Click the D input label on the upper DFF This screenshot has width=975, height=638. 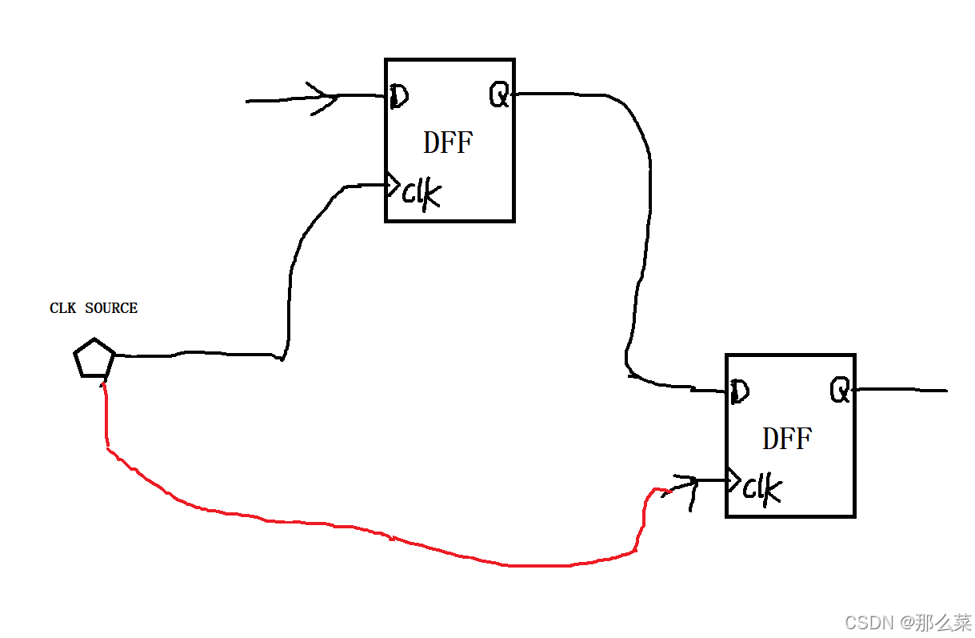399,97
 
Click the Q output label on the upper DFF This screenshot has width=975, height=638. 499,97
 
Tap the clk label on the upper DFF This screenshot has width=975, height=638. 421,193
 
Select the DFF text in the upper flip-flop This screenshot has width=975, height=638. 448,143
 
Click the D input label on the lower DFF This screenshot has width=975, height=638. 739,391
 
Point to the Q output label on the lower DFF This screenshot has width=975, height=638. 839,391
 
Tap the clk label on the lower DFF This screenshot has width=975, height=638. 761,488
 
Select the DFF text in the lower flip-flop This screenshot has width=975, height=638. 787,439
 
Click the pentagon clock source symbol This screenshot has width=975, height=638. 94,359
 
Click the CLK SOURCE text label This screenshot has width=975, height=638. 94,308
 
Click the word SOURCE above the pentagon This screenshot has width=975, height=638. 111,308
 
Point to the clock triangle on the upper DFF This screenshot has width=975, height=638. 392,186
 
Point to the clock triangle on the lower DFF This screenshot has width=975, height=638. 732,480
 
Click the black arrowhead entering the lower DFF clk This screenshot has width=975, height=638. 686,484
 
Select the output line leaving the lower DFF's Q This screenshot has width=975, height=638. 900,391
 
